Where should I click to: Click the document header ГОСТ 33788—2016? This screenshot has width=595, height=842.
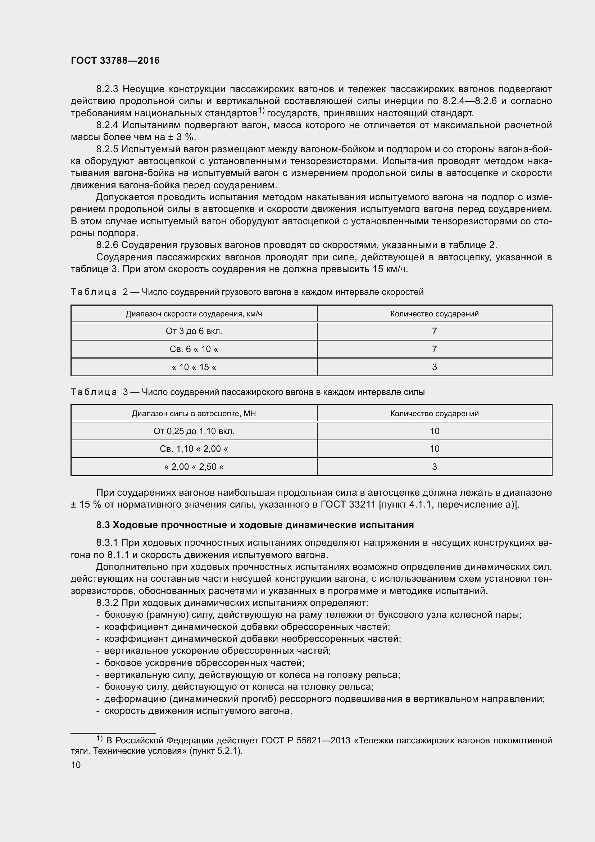(115, 61)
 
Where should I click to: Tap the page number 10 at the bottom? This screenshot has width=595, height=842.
(76, 765)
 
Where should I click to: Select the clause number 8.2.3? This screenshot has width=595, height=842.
(107, 89)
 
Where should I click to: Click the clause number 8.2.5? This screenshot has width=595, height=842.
(107, 149)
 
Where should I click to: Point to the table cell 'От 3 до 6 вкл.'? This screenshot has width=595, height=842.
(194, 331)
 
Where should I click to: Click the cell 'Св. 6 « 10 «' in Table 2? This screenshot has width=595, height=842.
(194, 349)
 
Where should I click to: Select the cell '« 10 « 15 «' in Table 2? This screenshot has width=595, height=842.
(194, 367)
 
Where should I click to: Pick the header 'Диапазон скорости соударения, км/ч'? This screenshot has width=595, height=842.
(194, 314)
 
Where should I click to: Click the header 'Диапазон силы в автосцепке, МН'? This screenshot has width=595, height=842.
(194, 414)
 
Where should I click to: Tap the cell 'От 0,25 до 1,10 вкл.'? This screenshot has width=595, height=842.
(194, 431)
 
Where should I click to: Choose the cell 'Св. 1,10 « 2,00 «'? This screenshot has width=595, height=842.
(194, 449)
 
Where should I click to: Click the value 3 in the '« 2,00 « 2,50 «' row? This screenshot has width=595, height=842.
(434, 467)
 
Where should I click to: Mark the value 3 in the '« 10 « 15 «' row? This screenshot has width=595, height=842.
(434, 367)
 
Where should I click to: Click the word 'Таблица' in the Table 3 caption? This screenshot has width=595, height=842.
(94, 392)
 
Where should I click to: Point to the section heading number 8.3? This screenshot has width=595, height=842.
(103, 525)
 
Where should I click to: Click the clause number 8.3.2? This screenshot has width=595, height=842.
(107, 603)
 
